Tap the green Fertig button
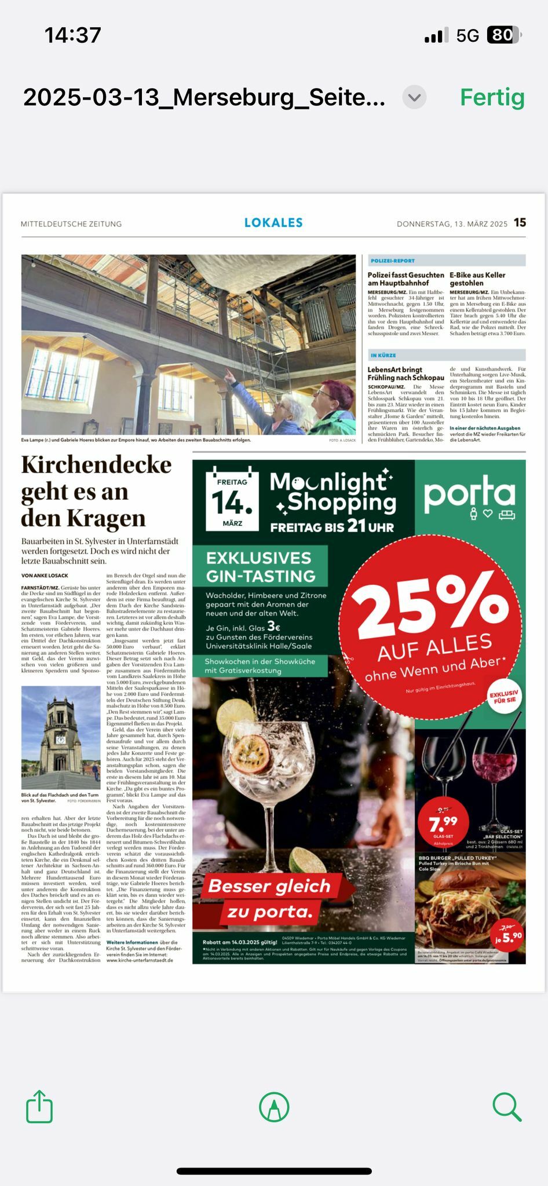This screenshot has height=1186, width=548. pos(492,97)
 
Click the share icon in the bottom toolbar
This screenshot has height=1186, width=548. pos(39,1107)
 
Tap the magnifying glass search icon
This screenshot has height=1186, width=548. pos(507,1107)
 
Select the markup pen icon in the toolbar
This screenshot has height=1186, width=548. pos(274,1107)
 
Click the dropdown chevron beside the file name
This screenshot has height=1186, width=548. pos(414,97)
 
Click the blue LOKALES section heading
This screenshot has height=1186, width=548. pos(273,223)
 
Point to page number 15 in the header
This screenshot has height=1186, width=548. pos(520,223)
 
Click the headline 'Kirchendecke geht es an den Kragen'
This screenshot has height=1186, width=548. pos(96,491)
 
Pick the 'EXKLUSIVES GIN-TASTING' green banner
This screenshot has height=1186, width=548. pos(261,566)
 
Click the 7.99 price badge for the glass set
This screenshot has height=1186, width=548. pos(443,823)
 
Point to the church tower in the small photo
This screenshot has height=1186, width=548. pos(60,733)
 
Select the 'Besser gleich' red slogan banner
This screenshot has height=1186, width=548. pos(269,887)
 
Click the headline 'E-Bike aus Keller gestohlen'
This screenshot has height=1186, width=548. pos(477,279)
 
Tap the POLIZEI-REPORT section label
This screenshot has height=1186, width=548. pos(393,261)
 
